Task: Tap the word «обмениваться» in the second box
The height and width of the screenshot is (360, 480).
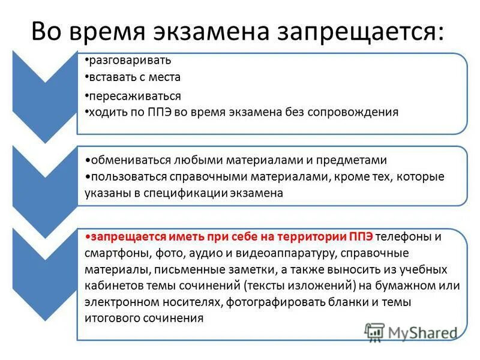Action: pyautogui.click(x=126, y=160)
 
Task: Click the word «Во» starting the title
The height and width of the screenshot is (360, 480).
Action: pyautogui.click(x=44, y=31)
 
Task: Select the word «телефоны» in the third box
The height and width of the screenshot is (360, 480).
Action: pyautogui.click(x=404, y=236)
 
